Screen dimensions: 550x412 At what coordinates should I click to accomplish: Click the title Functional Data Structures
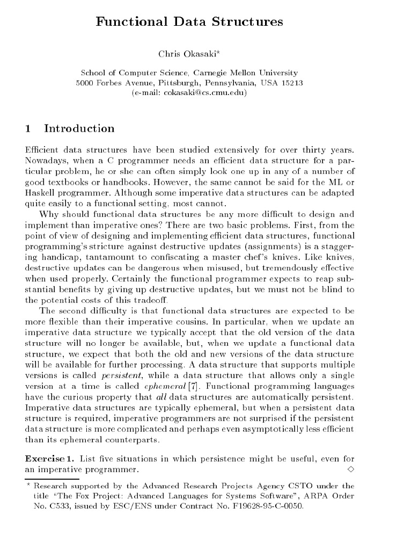click(x=189, y=22)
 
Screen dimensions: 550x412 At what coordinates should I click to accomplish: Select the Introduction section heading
click(x=79, y=128)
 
